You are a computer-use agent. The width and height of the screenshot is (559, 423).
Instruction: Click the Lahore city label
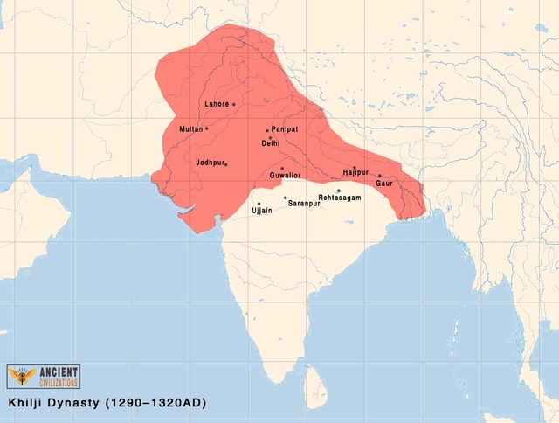(217, 104)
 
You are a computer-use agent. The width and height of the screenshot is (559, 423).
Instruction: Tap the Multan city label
(190, 129)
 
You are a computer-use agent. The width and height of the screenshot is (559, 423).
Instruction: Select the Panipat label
(285, 129)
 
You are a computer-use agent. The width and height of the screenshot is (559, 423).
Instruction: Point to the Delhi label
(271, 143)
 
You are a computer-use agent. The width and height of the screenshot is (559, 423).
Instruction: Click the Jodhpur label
(210, 163)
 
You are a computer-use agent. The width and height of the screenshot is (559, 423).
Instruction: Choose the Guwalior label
(285, 175)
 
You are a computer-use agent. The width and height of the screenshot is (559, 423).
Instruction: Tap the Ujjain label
(261, 211)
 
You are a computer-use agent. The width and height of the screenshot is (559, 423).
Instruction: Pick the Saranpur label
(302, 203)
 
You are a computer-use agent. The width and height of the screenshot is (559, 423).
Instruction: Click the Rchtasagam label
(338, 198)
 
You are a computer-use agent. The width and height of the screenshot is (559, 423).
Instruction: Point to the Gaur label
(384, 183)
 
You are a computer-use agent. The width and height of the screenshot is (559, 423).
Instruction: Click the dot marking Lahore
(234, 104)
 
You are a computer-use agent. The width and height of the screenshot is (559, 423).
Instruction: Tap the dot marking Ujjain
(259, 204)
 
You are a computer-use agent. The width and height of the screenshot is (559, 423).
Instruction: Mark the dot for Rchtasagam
(339, 191)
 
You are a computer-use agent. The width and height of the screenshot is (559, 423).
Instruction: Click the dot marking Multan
(207, 129)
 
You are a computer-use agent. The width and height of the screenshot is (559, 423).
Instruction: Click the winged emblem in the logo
(19, 377)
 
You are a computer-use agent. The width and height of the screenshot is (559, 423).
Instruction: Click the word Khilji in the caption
(29, 405)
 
